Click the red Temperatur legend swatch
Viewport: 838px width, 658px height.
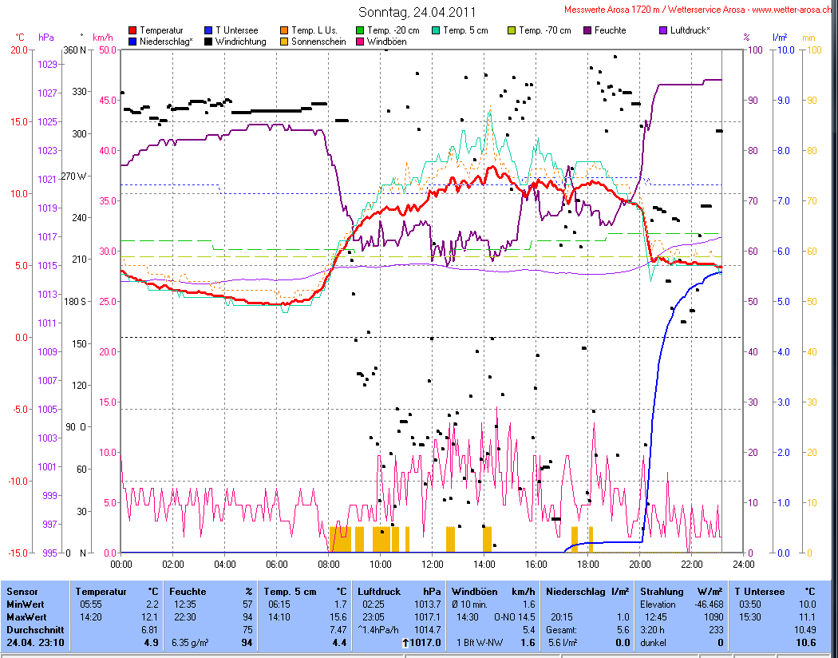pos(133,30)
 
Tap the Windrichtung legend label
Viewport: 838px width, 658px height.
pos(240,42)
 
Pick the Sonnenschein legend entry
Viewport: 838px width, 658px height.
pos(318,42)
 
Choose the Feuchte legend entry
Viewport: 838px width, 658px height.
pos(609,30)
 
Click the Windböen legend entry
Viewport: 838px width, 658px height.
pos(386,42)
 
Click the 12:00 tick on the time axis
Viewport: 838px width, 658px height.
pos(433,564)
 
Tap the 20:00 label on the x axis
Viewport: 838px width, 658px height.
pos(640,564)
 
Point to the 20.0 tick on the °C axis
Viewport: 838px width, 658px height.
pos(19,50)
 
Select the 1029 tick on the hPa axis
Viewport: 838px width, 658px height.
pos(48,64)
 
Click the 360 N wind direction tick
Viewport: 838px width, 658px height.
pos(75,50)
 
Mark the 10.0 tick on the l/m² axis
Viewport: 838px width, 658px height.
pos(785,50)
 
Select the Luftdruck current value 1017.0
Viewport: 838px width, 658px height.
pos(424,642)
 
